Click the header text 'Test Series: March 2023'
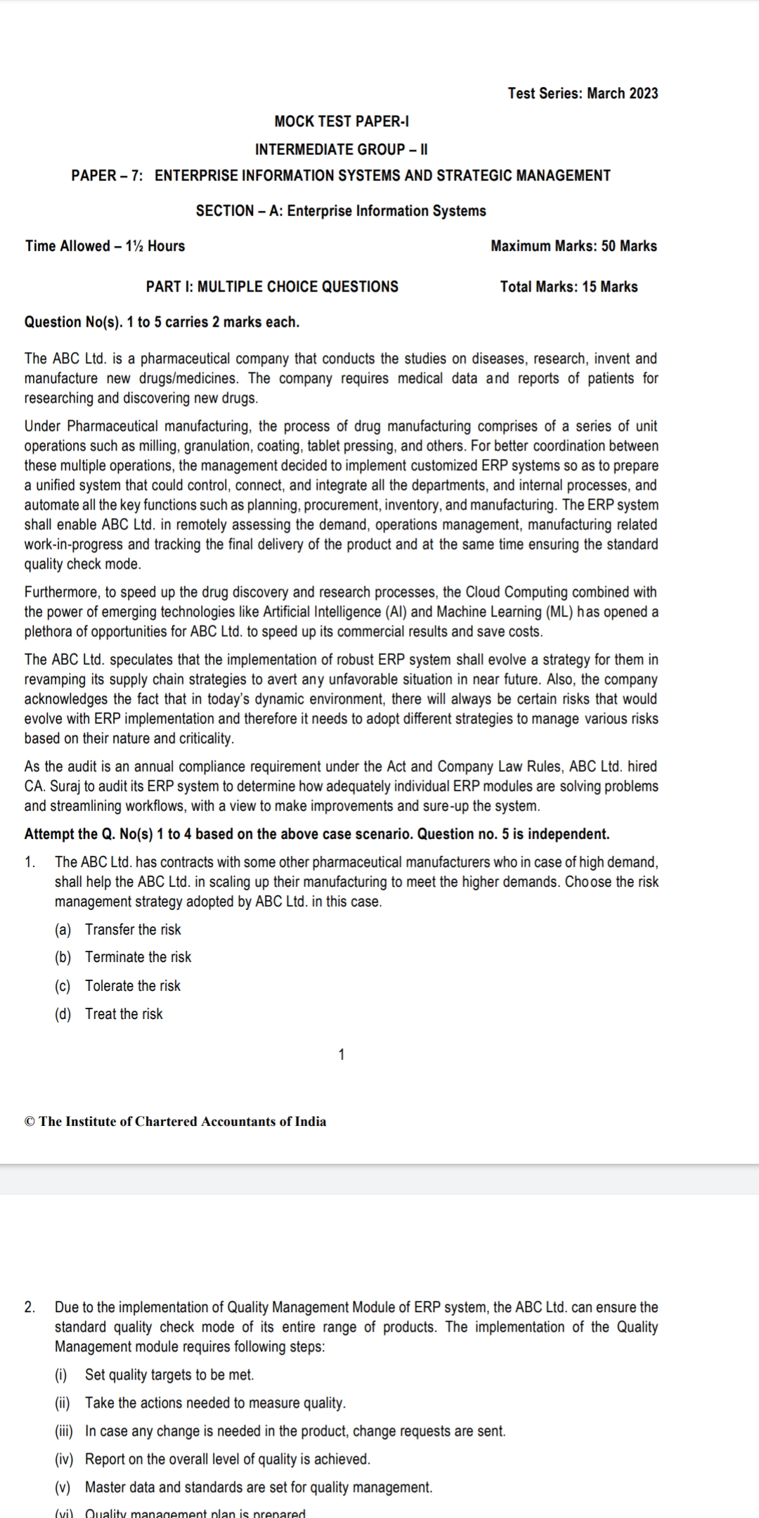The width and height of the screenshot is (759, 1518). (x=583, y=93)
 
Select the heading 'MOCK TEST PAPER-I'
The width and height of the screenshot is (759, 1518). (x=342, y=122)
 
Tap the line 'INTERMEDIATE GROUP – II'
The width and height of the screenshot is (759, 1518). (x=342, y=149)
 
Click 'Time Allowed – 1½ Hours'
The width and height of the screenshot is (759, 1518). (x=105, y=246)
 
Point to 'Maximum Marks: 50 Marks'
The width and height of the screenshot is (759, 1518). (x=573, y=246)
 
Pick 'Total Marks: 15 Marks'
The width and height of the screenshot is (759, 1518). (x=569, y=287)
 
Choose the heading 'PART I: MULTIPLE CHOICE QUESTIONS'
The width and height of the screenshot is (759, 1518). (x=272, y=287)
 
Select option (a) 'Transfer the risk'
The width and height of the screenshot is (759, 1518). (x=133, y=930)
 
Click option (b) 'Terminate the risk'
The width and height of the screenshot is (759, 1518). (x=138, y=957)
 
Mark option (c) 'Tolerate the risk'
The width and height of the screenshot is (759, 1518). (x=133, y=986)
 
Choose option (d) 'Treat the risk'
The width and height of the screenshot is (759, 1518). (x=124, y=1014)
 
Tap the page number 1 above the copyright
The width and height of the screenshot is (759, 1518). (x=342, y=1054)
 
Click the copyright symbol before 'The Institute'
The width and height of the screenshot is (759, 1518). (x=30, y=1122)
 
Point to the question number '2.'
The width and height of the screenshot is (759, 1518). (x=30, y=1307)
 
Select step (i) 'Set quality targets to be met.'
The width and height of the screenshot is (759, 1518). (x=169, y=1375)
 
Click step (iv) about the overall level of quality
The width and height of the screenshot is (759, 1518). (x=227, y=1459)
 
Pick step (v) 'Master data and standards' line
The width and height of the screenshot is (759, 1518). (x=259, y=1487)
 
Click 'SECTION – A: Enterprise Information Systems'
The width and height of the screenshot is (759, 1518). (x=341, y=211)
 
